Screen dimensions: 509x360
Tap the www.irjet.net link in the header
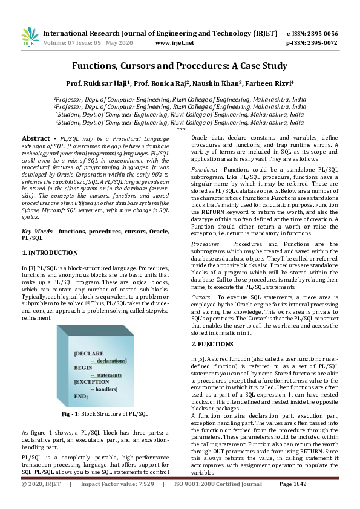click(175, 43)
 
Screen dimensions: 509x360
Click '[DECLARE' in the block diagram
click(89, 352)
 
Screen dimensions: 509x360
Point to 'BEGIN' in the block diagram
click(84, 367)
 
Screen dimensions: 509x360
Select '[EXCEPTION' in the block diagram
click(92, 381)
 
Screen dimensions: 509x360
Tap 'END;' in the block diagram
click(81, 396)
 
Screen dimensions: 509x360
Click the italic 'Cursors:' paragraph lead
click(202, 298)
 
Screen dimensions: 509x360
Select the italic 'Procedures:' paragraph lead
click(206, 243)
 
